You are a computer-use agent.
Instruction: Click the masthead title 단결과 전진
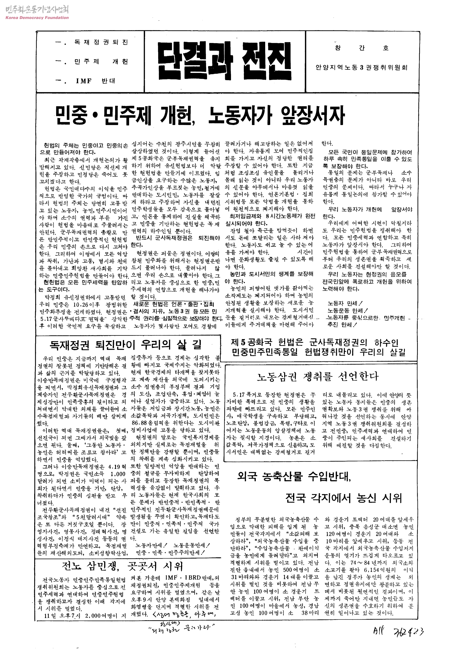(224, 61)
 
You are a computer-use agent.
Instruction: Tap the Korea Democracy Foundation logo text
(37, 18)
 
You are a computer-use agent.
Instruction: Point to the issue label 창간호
(362, 48)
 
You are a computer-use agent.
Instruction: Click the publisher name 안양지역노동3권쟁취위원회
(361, 67)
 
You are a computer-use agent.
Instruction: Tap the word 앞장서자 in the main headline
(312, 116)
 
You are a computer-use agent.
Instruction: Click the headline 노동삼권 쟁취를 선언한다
(318, 377)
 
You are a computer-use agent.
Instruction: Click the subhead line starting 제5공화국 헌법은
(315, 343)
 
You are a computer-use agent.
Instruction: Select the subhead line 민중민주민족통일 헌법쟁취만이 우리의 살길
(318, 352)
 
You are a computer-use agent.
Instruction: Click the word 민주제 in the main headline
(126, 116)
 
